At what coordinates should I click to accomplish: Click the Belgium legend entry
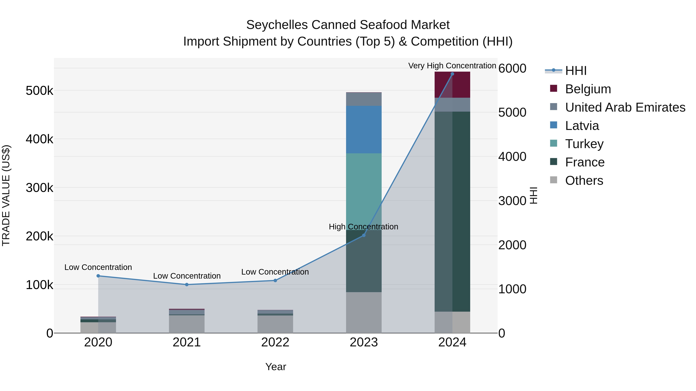pos(588,89)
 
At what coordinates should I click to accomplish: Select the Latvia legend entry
pos(582,126)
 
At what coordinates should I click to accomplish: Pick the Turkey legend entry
pos(584,144)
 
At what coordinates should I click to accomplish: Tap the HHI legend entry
pos(576,71)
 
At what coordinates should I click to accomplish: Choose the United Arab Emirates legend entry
pos(625,107)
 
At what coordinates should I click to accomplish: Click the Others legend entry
pos(584,181)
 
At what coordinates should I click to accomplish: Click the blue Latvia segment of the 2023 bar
pos(364,130)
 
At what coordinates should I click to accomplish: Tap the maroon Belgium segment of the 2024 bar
pos(452,84)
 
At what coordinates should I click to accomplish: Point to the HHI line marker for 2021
pos(187,284)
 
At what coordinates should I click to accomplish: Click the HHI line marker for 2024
pos(452,74)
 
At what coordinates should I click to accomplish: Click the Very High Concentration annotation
pos(452,66)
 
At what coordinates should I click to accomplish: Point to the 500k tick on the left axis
pos(39,91)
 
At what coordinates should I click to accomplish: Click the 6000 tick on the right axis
pos(512,68)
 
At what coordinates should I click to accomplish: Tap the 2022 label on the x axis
pos(275,342)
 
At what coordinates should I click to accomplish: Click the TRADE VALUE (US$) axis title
pos(6,195)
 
